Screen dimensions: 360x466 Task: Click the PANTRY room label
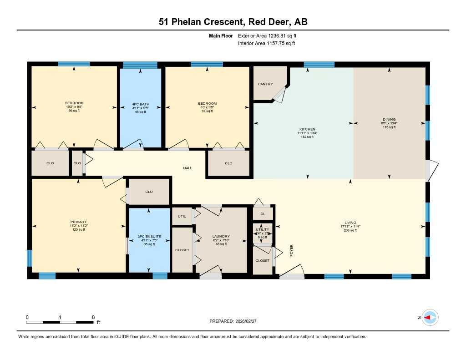265,84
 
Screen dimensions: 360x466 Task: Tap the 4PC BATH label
140,103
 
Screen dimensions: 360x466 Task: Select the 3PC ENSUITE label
150,237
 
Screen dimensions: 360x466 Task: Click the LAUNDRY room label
221,236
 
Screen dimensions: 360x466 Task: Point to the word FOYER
292,250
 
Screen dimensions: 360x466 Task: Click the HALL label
187,168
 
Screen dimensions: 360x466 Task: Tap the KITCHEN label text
307,129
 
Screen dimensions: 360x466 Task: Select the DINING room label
389,119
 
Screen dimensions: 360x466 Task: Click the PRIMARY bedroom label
78,222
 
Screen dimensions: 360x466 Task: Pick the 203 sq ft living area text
350,230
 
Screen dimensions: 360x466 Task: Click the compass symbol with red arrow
430,318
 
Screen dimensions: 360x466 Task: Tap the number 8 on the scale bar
93,317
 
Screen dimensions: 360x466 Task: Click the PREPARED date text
236,321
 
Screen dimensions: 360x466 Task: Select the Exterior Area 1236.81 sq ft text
267,35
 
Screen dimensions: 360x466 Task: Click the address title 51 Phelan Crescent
233,22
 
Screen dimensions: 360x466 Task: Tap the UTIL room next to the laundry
182,216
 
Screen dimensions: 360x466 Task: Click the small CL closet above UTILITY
263,213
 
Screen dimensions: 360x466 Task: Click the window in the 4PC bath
140,65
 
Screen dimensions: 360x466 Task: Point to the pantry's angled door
279,95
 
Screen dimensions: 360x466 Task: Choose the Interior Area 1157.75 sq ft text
266,44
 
